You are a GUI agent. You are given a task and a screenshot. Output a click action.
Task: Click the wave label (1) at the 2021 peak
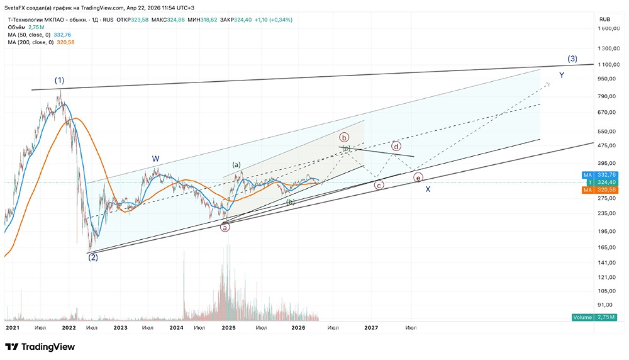point(59,81)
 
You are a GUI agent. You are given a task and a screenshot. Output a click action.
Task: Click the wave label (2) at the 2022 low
point(92,257)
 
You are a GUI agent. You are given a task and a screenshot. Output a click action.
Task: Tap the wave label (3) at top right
point(572,59)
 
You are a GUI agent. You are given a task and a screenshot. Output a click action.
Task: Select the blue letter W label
point(155,159)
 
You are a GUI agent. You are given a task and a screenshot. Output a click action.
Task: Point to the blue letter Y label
point(562,75)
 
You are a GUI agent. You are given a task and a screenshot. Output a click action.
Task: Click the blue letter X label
point(428,189)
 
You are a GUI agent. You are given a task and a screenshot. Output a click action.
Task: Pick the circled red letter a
point(225,227)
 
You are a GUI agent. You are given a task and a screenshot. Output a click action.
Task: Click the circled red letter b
point(344,137)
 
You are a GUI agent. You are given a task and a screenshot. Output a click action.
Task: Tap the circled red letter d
point(396,146)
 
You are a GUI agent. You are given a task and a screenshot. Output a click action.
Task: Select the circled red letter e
point(418,178)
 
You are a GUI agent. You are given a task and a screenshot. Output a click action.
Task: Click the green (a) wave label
point(237,165)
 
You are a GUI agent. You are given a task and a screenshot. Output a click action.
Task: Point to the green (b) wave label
point(291,202)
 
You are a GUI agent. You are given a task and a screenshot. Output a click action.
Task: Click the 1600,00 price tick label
point(610,29)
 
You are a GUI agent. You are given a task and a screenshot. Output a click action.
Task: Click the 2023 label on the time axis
point(121,328)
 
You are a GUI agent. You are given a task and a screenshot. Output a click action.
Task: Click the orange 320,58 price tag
point(604,190)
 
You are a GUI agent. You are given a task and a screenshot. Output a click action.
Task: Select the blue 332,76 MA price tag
point(604,175)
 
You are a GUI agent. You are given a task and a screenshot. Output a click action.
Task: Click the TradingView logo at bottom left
point(40,347)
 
